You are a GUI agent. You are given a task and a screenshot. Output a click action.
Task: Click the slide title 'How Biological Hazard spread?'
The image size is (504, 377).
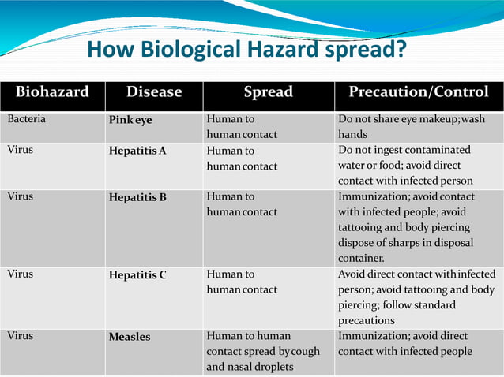coord(246,51)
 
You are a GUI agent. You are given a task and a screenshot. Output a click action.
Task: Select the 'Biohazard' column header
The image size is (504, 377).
coord(52,92)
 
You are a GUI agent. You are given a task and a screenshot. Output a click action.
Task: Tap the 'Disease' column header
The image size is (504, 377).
coord(154,92)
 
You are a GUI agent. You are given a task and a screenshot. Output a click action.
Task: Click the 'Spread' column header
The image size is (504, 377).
coord(268,92)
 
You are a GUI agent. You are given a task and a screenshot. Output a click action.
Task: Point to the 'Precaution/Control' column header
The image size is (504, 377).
coord(418,92)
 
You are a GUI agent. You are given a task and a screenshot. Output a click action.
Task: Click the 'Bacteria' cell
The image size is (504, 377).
coord(26,119)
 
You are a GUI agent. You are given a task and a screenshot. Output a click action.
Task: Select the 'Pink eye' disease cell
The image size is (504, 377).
coord(130,121)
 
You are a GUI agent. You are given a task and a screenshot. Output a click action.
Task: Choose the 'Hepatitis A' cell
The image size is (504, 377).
coord(137,151)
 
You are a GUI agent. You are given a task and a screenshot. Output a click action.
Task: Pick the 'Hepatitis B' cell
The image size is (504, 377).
coord(137,197)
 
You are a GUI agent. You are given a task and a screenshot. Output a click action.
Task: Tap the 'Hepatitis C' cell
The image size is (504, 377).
coord(137,275)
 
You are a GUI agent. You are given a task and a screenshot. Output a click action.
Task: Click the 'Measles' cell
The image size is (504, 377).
coord(129,337)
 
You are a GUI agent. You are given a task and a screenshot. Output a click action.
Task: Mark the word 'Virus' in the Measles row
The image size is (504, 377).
coord(21,335)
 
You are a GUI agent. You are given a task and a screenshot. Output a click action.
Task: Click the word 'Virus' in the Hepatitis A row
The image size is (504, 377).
coord(21,149)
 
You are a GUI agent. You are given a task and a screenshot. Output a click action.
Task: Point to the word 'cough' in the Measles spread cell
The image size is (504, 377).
coord(304,351)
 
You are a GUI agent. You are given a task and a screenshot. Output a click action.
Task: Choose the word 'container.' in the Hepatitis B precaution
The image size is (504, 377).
coord(361,258)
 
